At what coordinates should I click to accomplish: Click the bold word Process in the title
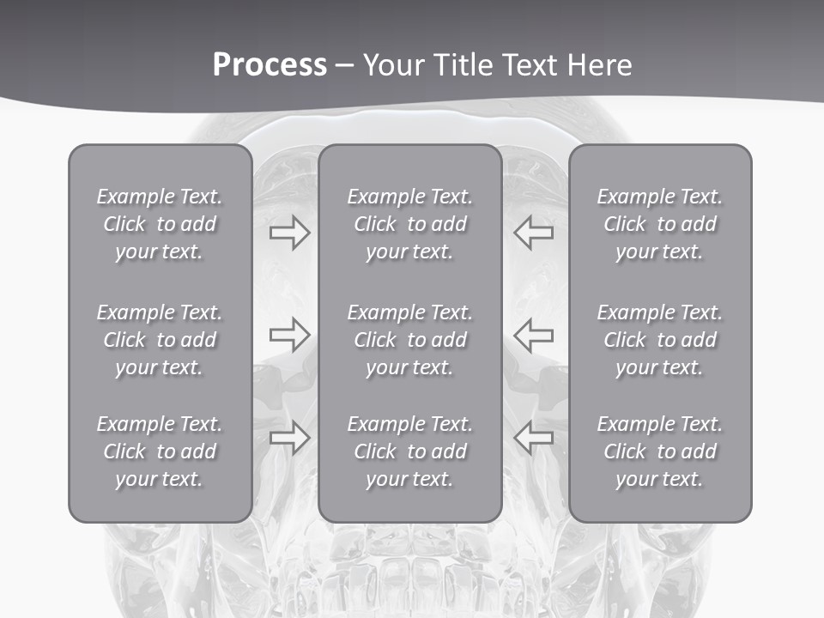pyautogui.click(x=270, y=65)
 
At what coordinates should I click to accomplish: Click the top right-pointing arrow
pyautogui.click(x=289, y=232)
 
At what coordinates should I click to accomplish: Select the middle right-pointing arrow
pyautogui.click(x=289, y=335)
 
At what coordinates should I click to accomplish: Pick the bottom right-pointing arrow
pyautogui.click(x=289, y=438)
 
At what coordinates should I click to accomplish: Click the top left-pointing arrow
pyautogui.click(x=534, y=232)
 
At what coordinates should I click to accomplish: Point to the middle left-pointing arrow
pyautogui.click(x=534, y=335)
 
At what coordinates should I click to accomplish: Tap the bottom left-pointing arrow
pyautogui.click(x=534, y=438)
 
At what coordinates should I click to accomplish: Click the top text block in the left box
pyautogui.click(x=160, y=224)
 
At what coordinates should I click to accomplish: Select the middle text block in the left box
pyautogui.click(x=160, y=340)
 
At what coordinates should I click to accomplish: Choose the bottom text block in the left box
pyautogui.click(x=160, y=451)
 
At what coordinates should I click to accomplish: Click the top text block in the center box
pyautogui.click(x=409, y=224)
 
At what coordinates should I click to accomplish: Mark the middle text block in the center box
pyautogui.click(x=409, y=340)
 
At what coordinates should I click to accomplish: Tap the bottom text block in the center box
pyautogui.click(x=409, y=451)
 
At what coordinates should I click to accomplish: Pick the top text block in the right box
pyautogui.click(x=659, y=224)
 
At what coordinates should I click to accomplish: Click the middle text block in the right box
pyautogui.click(x=659, y=340)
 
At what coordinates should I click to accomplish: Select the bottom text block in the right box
pyautogui.click(x=659, y=451)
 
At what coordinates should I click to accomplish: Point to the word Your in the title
pyautogui.click(x=392, y=65)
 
